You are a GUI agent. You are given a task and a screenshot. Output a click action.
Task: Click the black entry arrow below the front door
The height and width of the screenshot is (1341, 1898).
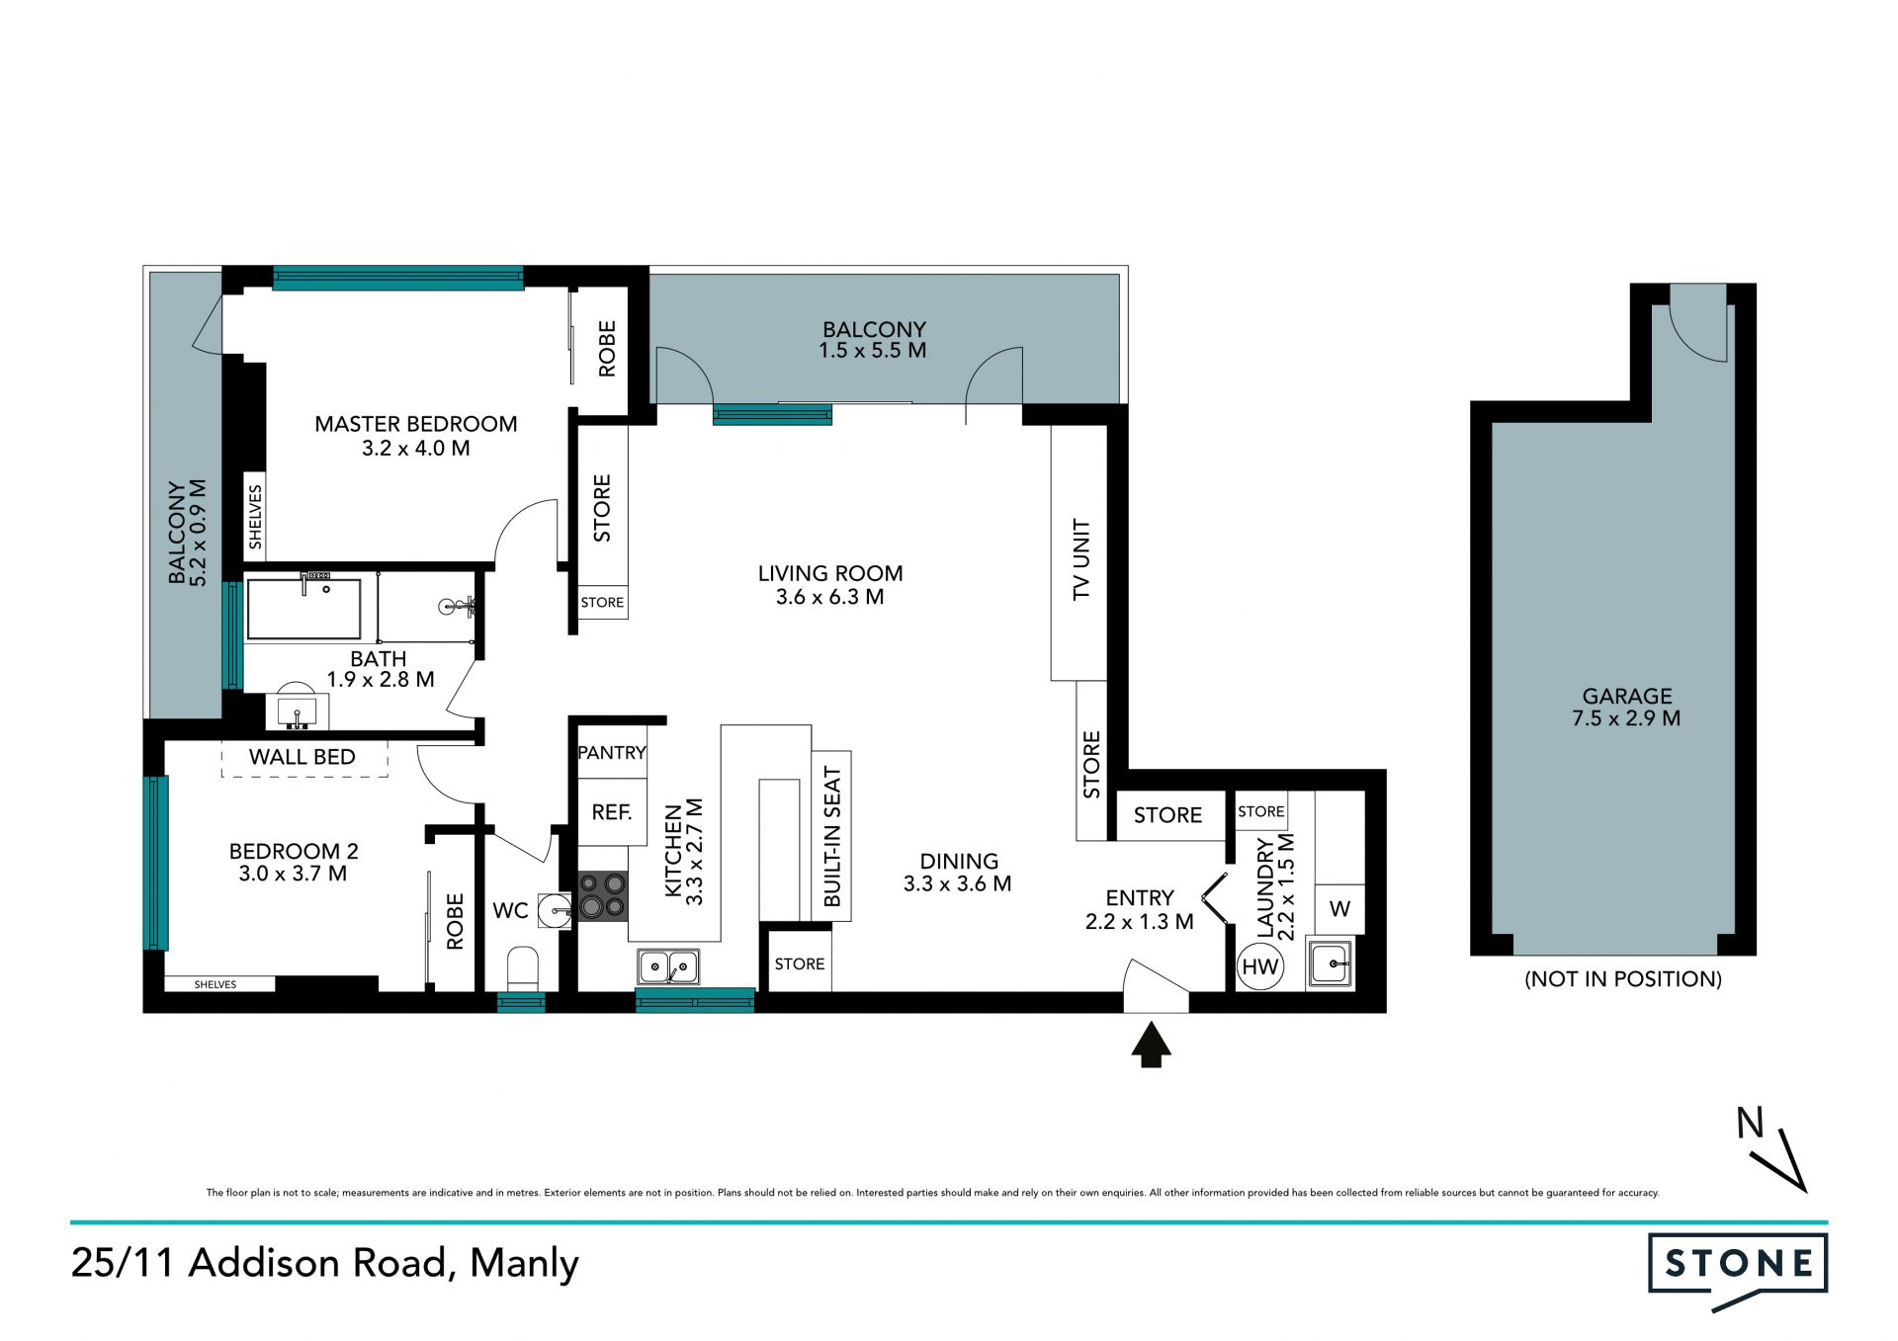[x=1151, y=1045]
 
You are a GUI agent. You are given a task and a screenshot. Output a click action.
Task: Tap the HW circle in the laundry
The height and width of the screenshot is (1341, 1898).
[x=1259, y=966]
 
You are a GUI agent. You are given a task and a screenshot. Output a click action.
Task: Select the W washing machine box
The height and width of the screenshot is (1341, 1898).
[x=1339, y=909]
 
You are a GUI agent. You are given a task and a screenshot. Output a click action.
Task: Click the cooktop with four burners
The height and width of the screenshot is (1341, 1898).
[x=602, y=896]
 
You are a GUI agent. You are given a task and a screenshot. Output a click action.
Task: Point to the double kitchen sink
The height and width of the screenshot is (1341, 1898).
[x=668, y=966]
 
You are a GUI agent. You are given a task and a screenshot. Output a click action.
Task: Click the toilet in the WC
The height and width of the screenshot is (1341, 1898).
[x=522, y=969]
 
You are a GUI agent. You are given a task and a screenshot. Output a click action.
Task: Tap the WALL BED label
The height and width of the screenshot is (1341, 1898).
[x=302, y=757]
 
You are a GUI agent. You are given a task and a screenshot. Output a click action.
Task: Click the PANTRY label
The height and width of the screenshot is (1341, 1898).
[x=612, y=753]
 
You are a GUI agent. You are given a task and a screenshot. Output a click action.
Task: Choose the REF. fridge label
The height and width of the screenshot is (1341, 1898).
[x=612, y=812]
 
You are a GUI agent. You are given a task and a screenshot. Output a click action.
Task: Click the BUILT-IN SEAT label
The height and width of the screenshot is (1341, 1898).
[x=832, y=837]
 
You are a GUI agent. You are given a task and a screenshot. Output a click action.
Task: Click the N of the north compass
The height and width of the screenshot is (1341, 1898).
[x=1750, y=1123]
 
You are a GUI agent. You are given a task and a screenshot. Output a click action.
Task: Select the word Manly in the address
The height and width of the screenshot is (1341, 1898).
[x=524, y=1264]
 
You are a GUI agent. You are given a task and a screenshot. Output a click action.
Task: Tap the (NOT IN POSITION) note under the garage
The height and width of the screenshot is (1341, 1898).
[x=1623, y=979]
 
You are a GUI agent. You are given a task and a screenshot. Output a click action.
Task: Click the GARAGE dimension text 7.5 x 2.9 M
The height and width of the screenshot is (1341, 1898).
[x=1626, y=719]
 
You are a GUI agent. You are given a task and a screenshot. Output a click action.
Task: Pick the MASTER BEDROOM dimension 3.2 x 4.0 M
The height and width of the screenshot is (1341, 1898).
[x=415, y=449]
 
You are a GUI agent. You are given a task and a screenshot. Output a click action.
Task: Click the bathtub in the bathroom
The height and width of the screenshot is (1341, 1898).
[x=303, y=609]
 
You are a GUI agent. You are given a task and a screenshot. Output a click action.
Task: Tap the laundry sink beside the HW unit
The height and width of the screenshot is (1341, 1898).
[x=1331, y=964]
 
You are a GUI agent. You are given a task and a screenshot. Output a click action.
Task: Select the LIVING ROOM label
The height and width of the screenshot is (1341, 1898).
[x=830, y=573]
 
